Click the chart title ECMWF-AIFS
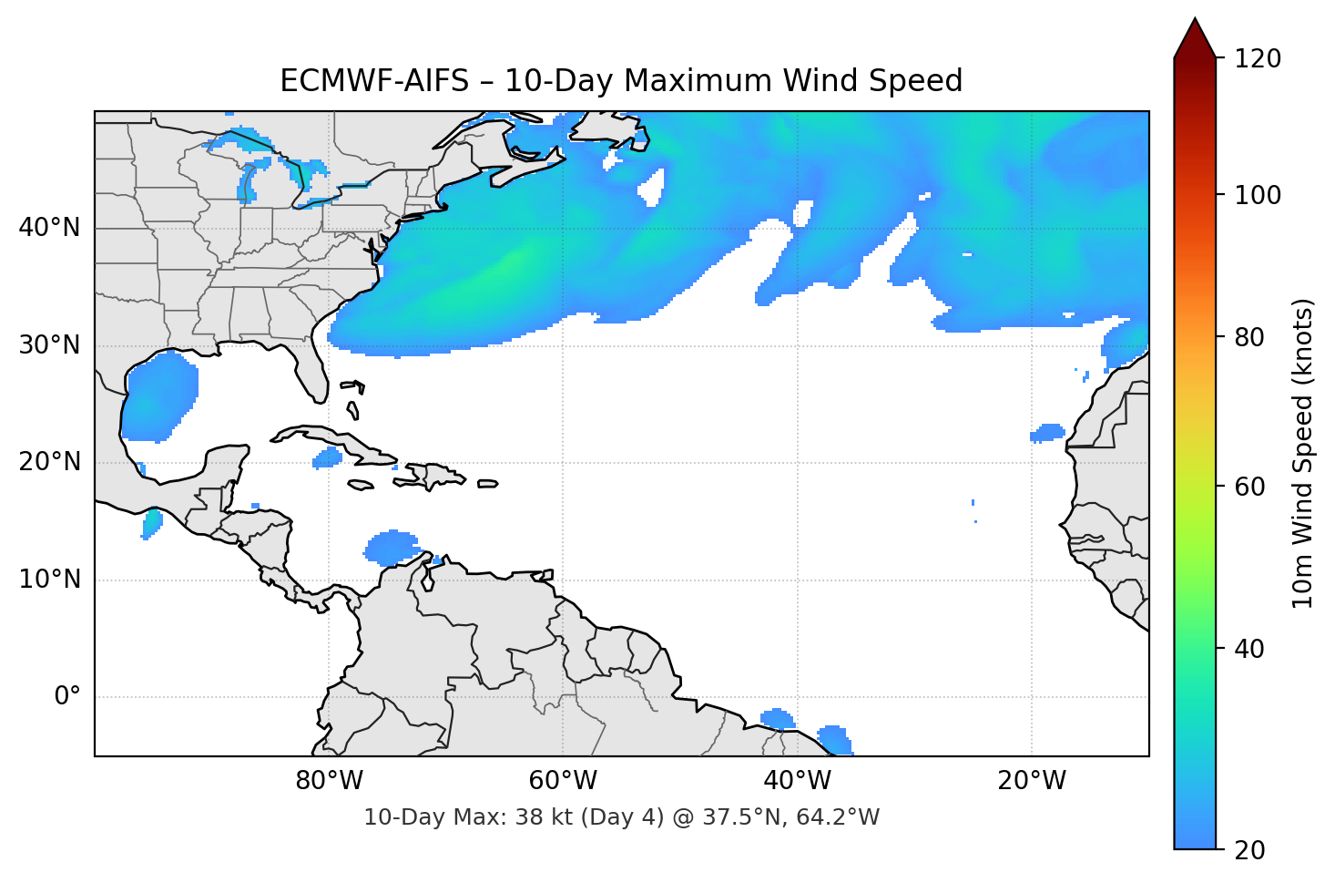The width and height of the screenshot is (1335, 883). pyautogui.click(x=620, y=81)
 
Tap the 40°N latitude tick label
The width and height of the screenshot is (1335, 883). pyautogui.click(x=49, y=228)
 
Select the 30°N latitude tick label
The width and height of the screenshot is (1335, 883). pyautogui.click(x=49, y=345)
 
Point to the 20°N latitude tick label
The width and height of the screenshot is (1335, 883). pyautogui.click(x=49, y=462)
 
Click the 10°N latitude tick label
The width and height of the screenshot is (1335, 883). pyautogui.click(x=49, y=580)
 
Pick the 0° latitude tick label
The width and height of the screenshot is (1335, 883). pyautogui.click(x=67, y=697)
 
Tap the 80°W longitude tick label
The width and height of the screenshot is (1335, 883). pyautogui.click(x=329, y=781)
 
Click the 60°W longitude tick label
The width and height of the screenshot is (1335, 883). pyautogui.click(x=563, y=781)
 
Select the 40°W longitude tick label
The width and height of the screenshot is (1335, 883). pyautogui.click(x=797, y=781)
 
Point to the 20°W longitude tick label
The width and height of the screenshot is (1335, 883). pyautogui.click(x=1031, y=781)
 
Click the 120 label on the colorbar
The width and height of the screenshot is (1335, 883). pyautogui.click(x=1258, y=59)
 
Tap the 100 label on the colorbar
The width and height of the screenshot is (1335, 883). pyautogui.click(x=1258, y=195)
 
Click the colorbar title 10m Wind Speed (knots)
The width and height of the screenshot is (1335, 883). pyautogui.click(x=1303, y=453)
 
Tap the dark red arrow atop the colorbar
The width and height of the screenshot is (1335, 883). pyautogui.click(x=1195, y=39)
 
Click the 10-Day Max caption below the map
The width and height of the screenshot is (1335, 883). pyautogui.click(x=621, y=817)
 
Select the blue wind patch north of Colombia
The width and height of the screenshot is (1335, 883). pyautogui.click(x=392, y=547)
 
